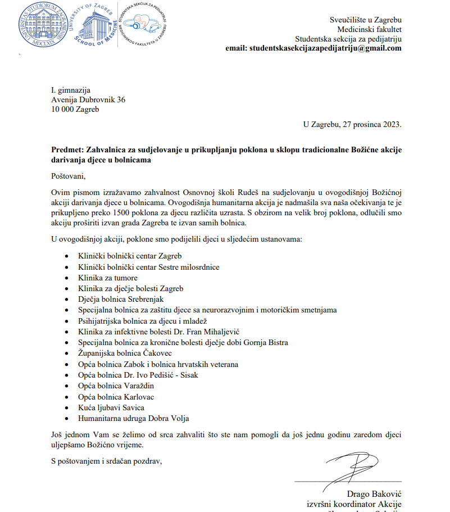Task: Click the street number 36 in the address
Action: [x=120, y=99]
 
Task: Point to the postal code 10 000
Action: [x=62, y=109]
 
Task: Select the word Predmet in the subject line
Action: [x=65, y=150]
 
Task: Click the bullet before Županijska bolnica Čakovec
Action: [x=67, y=354]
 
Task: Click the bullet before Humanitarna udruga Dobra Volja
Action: [x=67, y=419]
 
